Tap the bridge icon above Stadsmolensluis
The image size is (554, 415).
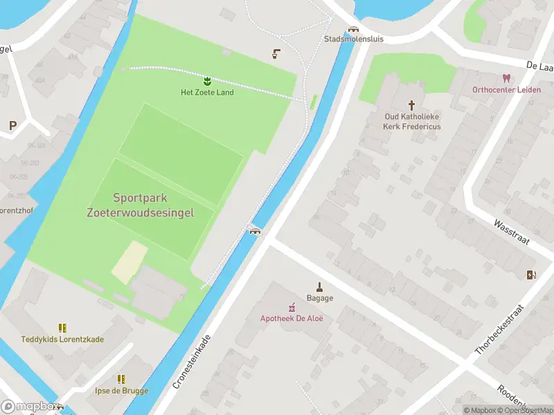[x=354, y=30]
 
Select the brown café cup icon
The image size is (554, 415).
[x=277, y=53]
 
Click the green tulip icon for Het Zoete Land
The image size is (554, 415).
[x=207, y=82]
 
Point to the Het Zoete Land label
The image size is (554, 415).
[x=207, y=93]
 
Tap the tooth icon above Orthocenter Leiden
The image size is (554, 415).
[x=506, y=79]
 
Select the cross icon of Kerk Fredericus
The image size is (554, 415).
[x=412, y=105]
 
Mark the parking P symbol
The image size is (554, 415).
[x=12, y=125]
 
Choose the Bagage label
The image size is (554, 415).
[x=321, y=298]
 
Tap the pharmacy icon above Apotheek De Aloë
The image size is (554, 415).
[x=292, y=307]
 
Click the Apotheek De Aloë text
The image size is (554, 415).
[x=292, y=318]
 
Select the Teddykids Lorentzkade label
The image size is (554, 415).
[x=62, y=339]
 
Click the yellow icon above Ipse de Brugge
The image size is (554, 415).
[x=122, y=379]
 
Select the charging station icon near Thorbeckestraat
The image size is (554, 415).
[x=531, y=275]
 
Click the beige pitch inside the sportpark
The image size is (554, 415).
[x=129, y=262]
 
